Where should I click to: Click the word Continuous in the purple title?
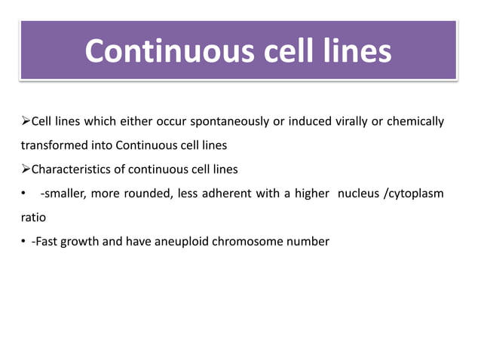pyautogui.click(x=160, y=51)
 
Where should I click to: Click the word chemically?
pyautogui.click(x=415, y=121)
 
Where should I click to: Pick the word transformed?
pyautogui.click(x=51, y=145)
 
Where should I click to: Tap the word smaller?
pyautogui.click(x=64, y=194)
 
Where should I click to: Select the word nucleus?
pyautogui.click(x=358, y=194)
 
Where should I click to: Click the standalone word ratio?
pyautogui.click(x=33, y=218)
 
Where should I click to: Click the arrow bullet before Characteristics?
pyautogui.click(x=25, y=169)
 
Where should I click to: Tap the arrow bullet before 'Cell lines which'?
pyautogui.click(x=25, y=121)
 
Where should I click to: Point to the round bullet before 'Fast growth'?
pyautogui.click(x=23, y=242)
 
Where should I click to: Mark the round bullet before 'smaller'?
pyautogui.click(x=23, y=194)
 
